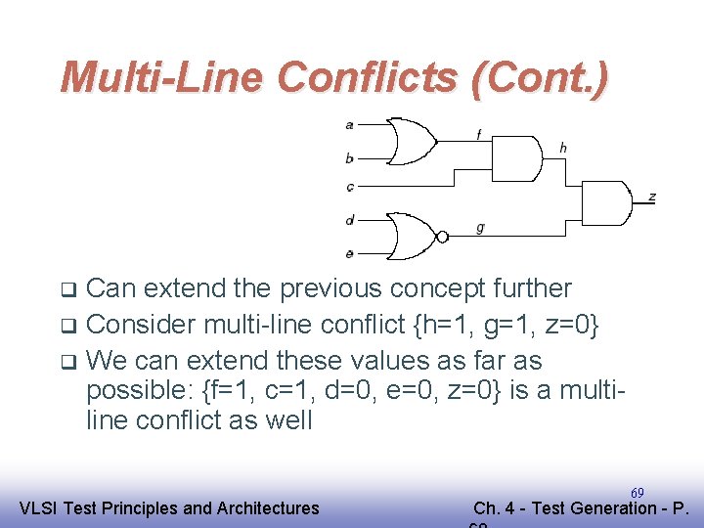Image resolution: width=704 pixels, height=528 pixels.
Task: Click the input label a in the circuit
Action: (350, 125)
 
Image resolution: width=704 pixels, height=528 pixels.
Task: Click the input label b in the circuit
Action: (350, 157)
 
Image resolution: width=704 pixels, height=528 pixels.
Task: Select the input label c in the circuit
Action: (350, 186)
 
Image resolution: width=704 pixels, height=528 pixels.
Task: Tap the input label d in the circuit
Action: (350, 220)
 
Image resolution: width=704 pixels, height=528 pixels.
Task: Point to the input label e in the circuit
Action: (350, 253)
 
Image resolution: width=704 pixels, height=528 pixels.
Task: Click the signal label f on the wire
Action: (479, 135)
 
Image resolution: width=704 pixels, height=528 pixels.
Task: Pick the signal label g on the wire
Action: (480, 228)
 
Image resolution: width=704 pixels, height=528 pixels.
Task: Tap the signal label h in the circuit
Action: (563, 148)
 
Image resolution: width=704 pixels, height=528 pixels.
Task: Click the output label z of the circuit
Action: (651, 197)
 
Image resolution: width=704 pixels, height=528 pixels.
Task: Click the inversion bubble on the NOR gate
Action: (442, 237)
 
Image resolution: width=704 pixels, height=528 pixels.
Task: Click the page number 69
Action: (638, 492)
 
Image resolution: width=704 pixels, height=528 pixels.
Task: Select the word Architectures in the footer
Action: (267, 507)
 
